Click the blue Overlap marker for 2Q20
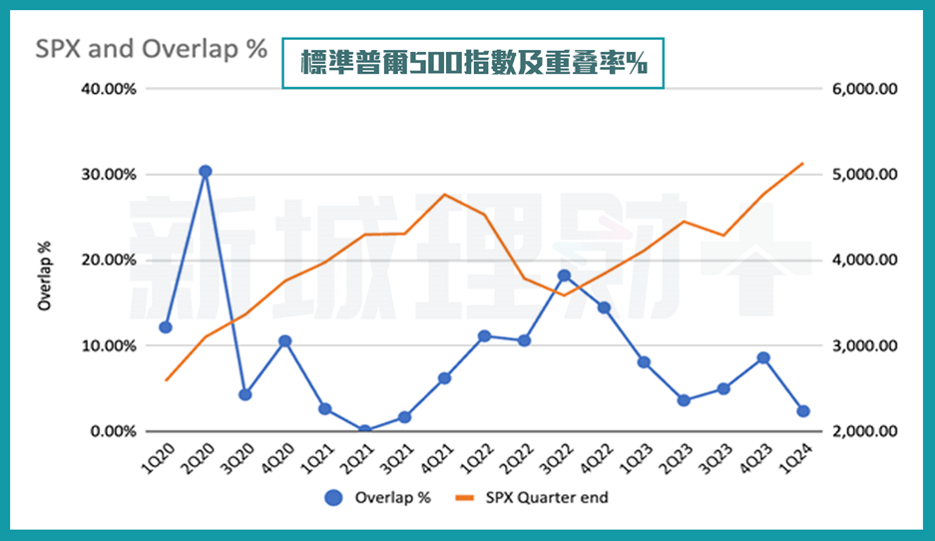click(205, 172)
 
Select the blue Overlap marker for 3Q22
click(564, 275)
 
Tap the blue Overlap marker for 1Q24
click(803, 411)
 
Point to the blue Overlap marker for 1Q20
click(166, 327)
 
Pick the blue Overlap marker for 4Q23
click(763, 357)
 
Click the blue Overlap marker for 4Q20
click(284, 341)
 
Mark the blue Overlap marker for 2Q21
click(364, 430)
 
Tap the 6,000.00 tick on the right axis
click(864, 89)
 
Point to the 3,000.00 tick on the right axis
click(864, 346)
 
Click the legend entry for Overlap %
click(378, 497)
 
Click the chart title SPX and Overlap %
click(152, 49)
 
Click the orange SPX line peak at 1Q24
click(803, 163)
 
